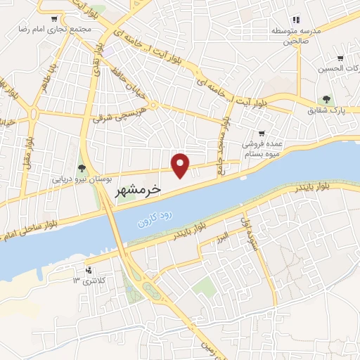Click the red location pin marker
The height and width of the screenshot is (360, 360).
181,165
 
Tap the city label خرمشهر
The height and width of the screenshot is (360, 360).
137,190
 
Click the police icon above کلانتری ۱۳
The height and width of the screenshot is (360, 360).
88,270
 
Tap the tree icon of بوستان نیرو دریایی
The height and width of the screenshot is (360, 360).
82,167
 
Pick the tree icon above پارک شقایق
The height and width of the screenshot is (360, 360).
326,100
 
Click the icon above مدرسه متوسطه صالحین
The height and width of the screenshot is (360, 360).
296,20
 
